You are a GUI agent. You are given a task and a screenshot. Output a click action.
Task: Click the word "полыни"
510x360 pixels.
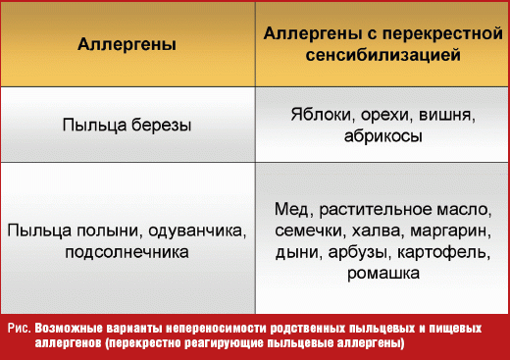click(x=98, y=231)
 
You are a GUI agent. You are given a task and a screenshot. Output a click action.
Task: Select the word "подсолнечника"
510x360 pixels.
click(x=127, y=252)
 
